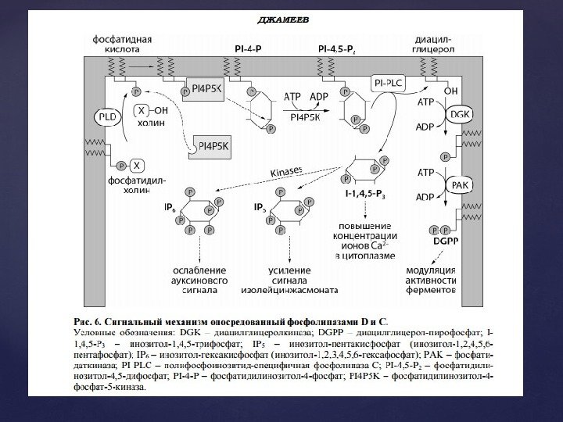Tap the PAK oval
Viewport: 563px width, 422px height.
[460, 184]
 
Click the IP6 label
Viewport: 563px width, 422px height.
[170, 208]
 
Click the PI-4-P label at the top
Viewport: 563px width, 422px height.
[249, 48]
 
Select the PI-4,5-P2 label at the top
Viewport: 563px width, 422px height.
[339, 48]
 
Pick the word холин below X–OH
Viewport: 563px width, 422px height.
[150, 123]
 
